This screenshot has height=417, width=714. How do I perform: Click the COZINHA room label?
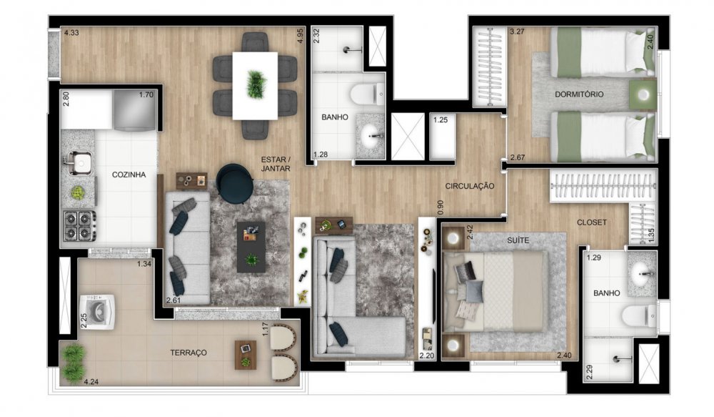point(129,175)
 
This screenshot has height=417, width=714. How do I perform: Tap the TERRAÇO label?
point(188,353)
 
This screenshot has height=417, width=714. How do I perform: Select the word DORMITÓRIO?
point(579,94)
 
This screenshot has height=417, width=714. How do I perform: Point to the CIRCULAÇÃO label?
point(470,186)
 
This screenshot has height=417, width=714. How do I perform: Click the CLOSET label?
point(591,222)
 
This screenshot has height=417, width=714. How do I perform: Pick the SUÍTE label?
point(518,240)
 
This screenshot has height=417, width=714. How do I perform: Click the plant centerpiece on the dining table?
point(256,84)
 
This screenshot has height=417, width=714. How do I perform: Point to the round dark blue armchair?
point(235,183)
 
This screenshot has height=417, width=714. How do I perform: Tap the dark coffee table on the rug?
point(251,247)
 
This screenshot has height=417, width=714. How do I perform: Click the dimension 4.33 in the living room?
point(71,33)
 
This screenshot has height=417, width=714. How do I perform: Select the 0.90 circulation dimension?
point(440,207)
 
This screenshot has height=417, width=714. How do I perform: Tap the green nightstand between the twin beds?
point(643,94)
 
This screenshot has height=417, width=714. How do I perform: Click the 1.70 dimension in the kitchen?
point(146,95)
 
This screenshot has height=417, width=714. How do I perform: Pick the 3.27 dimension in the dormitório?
point(517,32)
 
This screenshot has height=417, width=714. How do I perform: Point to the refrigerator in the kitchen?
point(136,110)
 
